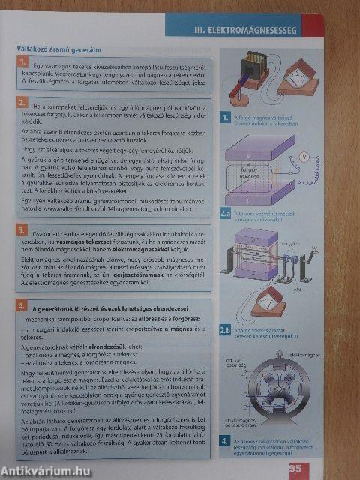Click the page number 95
click(295, 469)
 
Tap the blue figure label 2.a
click(225, 213)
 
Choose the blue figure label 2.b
click(224, 328)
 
